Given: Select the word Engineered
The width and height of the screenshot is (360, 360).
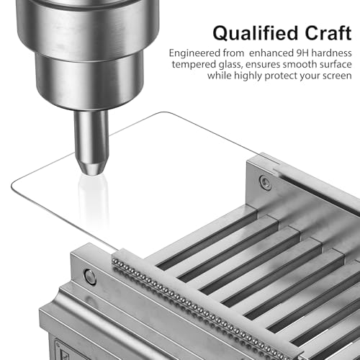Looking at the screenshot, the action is [194, 53].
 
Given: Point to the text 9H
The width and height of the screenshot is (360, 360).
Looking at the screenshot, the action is [302, 53].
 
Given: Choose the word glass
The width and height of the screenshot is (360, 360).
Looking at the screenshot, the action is [230, 65].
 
